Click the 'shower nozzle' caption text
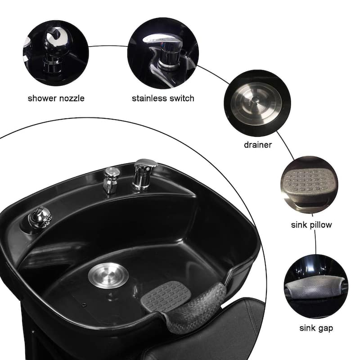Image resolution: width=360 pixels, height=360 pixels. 56,98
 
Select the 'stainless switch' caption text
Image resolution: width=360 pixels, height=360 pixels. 163,98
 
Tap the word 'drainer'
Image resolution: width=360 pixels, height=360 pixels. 257,145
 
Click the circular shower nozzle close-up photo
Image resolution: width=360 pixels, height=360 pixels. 56,53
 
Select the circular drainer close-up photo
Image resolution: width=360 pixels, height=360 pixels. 257,103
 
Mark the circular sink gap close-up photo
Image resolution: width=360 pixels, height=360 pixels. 316,288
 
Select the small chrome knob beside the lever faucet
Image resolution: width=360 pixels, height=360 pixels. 111,179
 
